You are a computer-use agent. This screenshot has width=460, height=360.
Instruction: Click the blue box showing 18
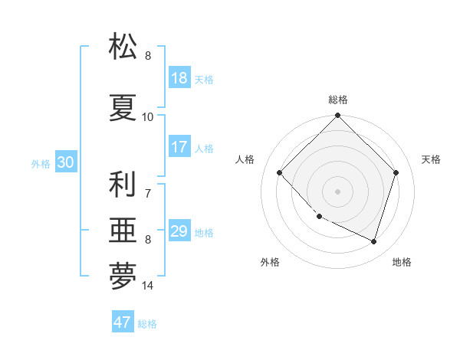pyautogui.click(x=179, y=79)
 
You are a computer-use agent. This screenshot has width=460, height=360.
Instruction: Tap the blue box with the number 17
pyautogui.click(x=179, y=147)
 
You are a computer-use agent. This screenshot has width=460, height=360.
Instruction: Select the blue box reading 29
pyautogui.click(x=179, y=231)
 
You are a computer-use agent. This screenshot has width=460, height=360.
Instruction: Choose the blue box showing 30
pyautogui.click(x=65, y=163)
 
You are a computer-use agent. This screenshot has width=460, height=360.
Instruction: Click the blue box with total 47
pyautogui.click(x=123, y=322)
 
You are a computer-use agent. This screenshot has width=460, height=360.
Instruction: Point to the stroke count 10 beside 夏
pyautogui.click(x=148, y=117)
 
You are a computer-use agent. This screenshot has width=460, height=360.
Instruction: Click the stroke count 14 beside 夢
pyautogui.click(x=148, y=286)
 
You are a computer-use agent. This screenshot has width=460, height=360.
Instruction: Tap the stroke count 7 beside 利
pyautogui.click(x=148, y=193)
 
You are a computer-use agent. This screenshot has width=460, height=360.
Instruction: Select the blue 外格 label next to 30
pyautogui.click(x=41, y=164)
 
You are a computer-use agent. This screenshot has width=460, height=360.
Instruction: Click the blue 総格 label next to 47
pyautogui.click(x=147, y=324)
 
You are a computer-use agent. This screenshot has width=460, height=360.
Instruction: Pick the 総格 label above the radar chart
pyautogui.click(x=337, y=100)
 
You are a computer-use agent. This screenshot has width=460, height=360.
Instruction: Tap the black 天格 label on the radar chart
pyautogui.click(x=432, y=159)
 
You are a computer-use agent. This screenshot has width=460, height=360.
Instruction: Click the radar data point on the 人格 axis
pyautogui.click(x=280, y=173)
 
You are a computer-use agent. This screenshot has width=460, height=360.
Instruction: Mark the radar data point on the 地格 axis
pyautogui.click(x=373, y=241)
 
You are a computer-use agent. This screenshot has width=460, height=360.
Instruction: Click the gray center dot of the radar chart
pyautogui.click(x=337, y=191)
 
